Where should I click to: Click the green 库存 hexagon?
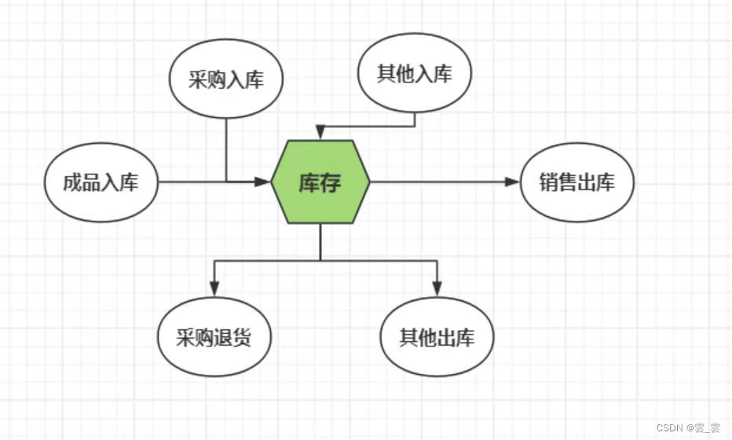pos(320,182)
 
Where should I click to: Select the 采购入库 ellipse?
pos(226,80)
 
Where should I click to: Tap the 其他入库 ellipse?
pos(415,74)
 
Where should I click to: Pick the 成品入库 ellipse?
pos(101,182)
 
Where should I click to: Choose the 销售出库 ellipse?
pos(576,182)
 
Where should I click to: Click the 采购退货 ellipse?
pos(214,338)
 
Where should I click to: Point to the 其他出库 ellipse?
pos(437,338)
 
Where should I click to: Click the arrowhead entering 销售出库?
pos(512,182)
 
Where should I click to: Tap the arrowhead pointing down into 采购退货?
pos(214,290)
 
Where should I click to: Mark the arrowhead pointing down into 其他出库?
pos(437,290)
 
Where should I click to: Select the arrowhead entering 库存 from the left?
pos(263,182)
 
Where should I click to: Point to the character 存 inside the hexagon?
pos(331,182)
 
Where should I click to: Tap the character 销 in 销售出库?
pos(548,182)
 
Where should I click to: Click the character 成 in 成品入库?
pos(72,183)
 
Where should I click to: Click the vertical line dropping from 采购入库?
pos(226,149)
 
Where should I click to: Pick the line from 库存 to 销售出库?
pos(440,182)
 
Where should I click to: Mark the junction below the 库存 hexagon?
pos(320,260)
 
